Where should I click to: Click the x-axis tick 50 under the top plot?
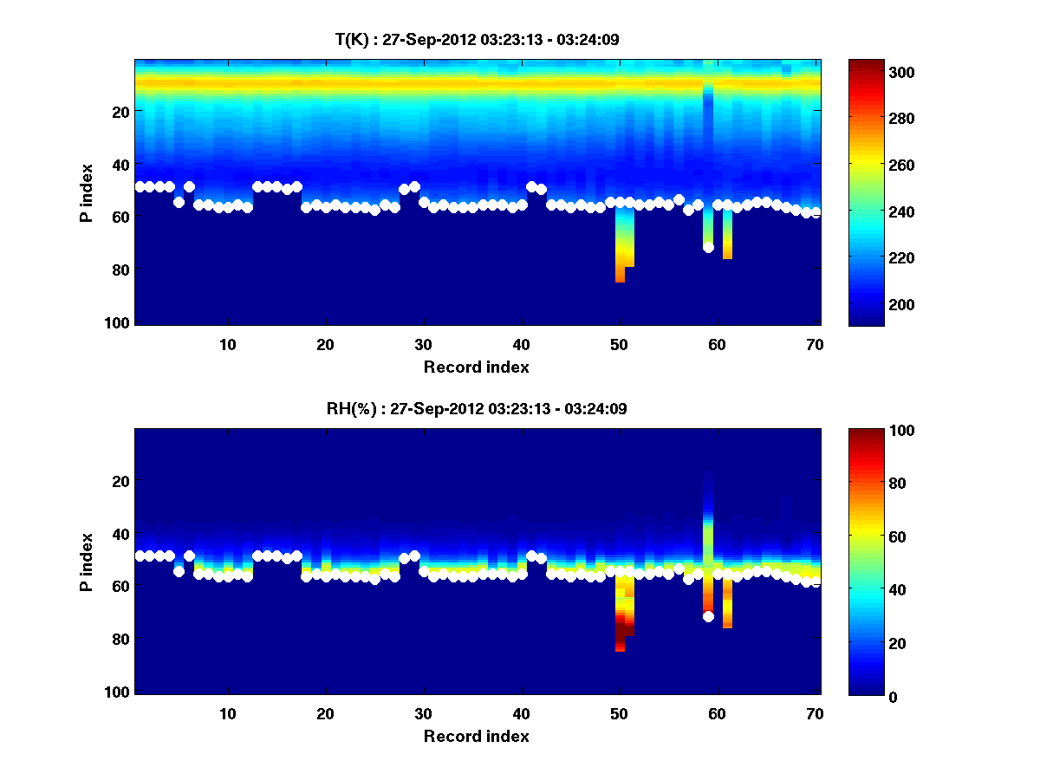pos(619,345)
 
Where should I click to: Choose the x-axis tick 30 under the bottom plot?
pos(423,714)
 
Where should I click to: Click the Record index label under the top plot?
pos(476,367)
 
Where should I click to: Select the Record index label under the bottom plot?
pos(476,736)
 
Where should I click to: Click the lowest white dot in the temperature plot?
pos(708,247)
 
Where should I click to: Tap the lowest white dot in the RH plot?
pos(708,616)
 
